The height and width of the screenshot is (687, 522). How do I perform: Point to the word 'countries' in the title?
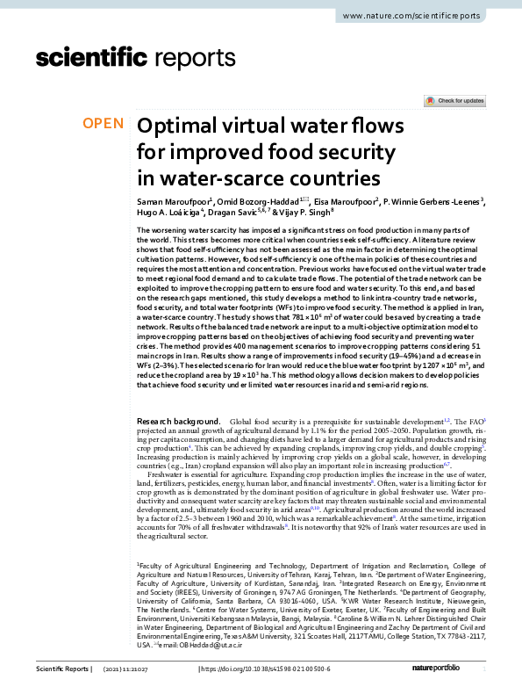click(x=338, y=178)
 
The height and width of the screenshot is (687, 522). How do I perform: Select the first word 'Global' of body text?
click(x=242, y=422)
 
